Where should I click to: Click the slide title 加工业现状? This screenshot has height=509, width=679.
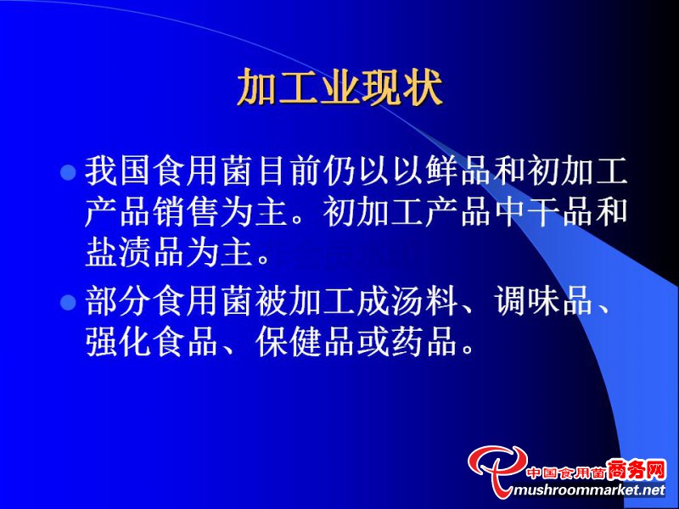340,87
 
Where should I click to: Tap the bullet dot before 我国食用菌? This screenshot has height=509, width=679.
68,172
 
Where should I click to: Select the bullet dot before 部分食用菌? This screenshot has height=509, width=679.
68,302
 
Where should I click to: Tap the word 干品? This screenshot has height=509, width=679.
560,212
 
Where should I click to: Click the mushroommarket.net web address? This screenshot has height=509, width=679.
588,490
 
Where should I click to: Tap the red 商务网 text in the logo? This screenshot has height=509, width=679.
636,470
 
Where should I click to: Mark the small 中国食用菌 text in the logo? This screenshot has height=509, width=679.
566,473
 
